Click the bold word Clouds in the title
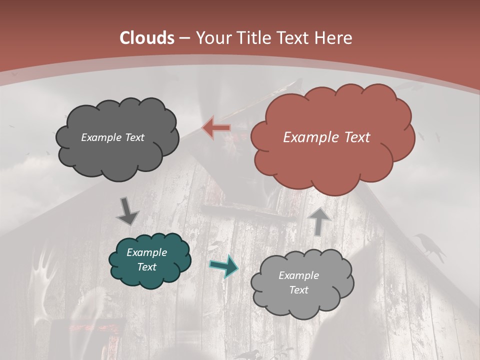click(x=147, y=38)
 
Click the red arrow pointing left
click(x=216, y=127)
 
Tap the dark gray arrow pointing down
click(x=128, y=211)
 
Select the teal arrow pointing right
click(x=223, y=266)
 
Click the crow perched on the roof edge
click(x=430, y=247)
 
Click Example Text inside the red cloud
click(x=326, y=137)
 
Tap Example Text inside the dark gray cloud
click(x=112, y=137)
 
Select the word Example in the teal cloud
click(x=146, y=252)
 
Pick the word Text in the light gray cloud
click(x=298, y=290)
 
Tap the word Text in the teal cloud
click(x=146, y=267)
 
